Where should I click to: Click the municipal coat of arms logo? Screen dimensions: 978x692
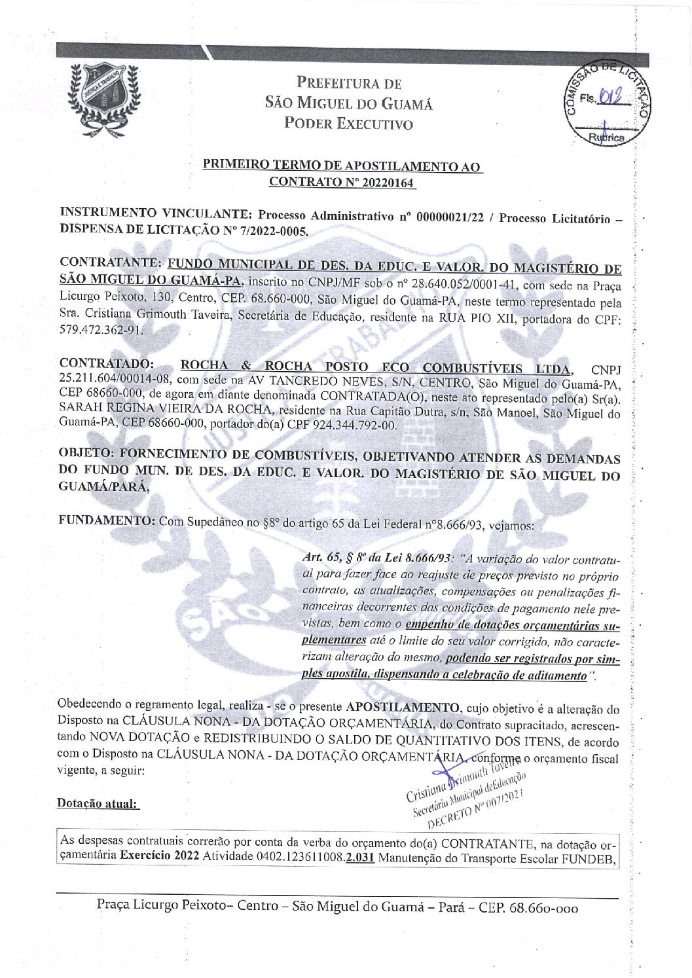105,98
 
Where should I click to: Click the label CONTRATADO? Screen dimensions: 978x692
107,364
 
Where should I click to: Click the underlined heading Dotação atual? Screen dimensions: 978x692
98,803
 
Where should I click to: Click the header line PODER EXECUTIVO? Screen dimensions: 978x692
348,124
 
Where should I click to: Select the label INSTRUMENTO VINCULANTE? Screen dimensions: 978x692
154,213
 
